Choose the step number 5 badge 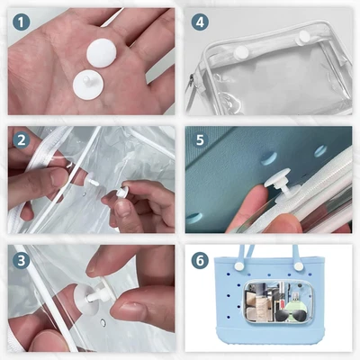point(200,139)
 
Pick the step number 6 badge point(200,259)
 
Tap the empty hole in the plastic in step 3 point(105,320)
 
